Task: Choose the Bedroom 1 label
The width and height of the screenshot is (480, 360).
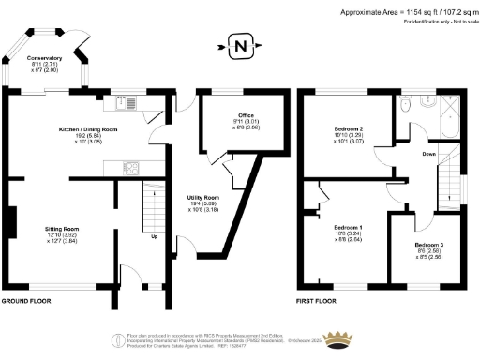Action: pos(349,228)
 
